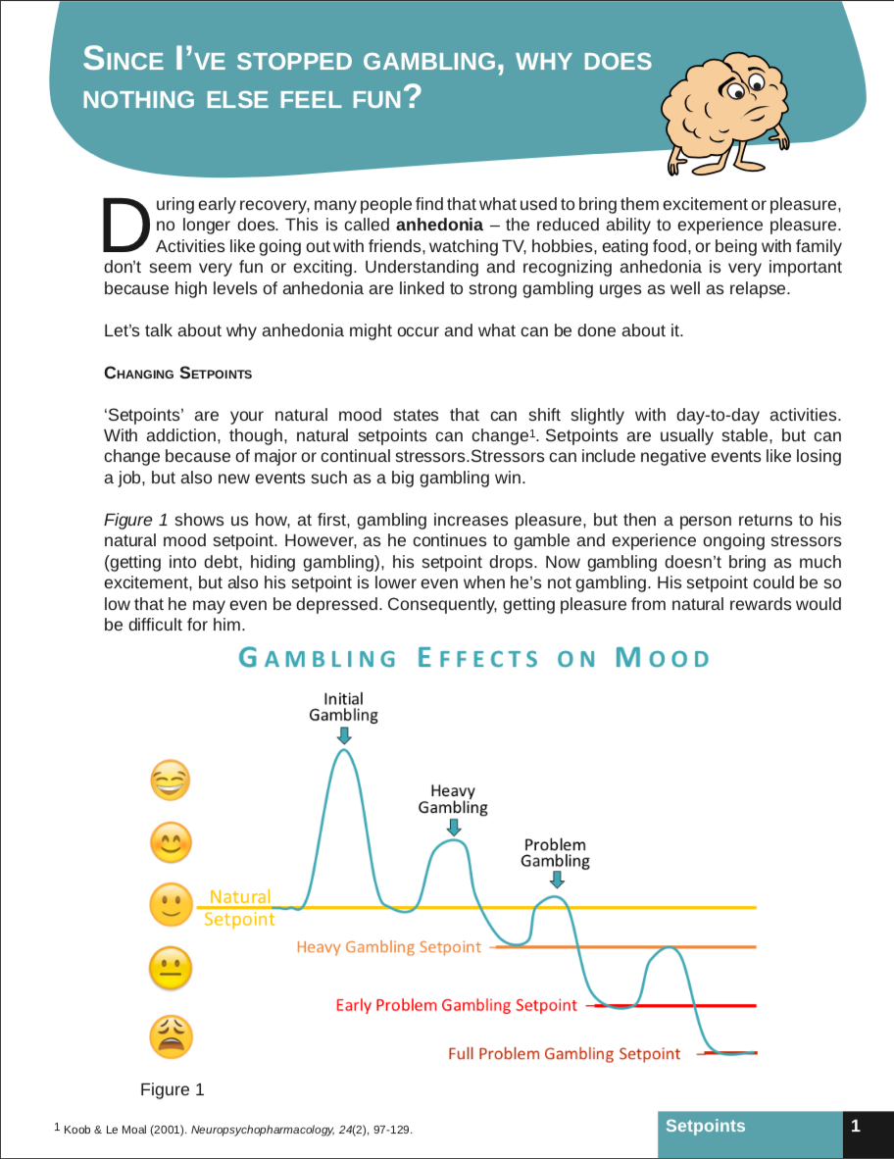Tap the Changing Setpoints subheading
point(177,374)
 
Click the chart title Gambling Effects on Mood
point(474,657)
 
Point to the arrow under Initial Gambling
point(344,735)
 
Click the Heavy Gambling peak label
point(453,799)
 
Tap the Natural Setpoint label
point(239,907)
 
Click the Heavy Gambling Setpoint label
point(388,947)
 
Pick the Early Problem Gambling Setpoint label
point(456,1005)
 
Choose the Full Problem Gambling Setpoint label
point(564,1054)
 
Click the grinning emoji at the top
point(170,781)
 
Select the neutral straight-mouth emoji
point(170,971)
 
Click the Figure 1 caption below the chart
point(173,1089)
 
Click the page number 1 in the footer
point(856,1126)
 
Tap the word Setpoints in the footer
point(705,1126)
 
